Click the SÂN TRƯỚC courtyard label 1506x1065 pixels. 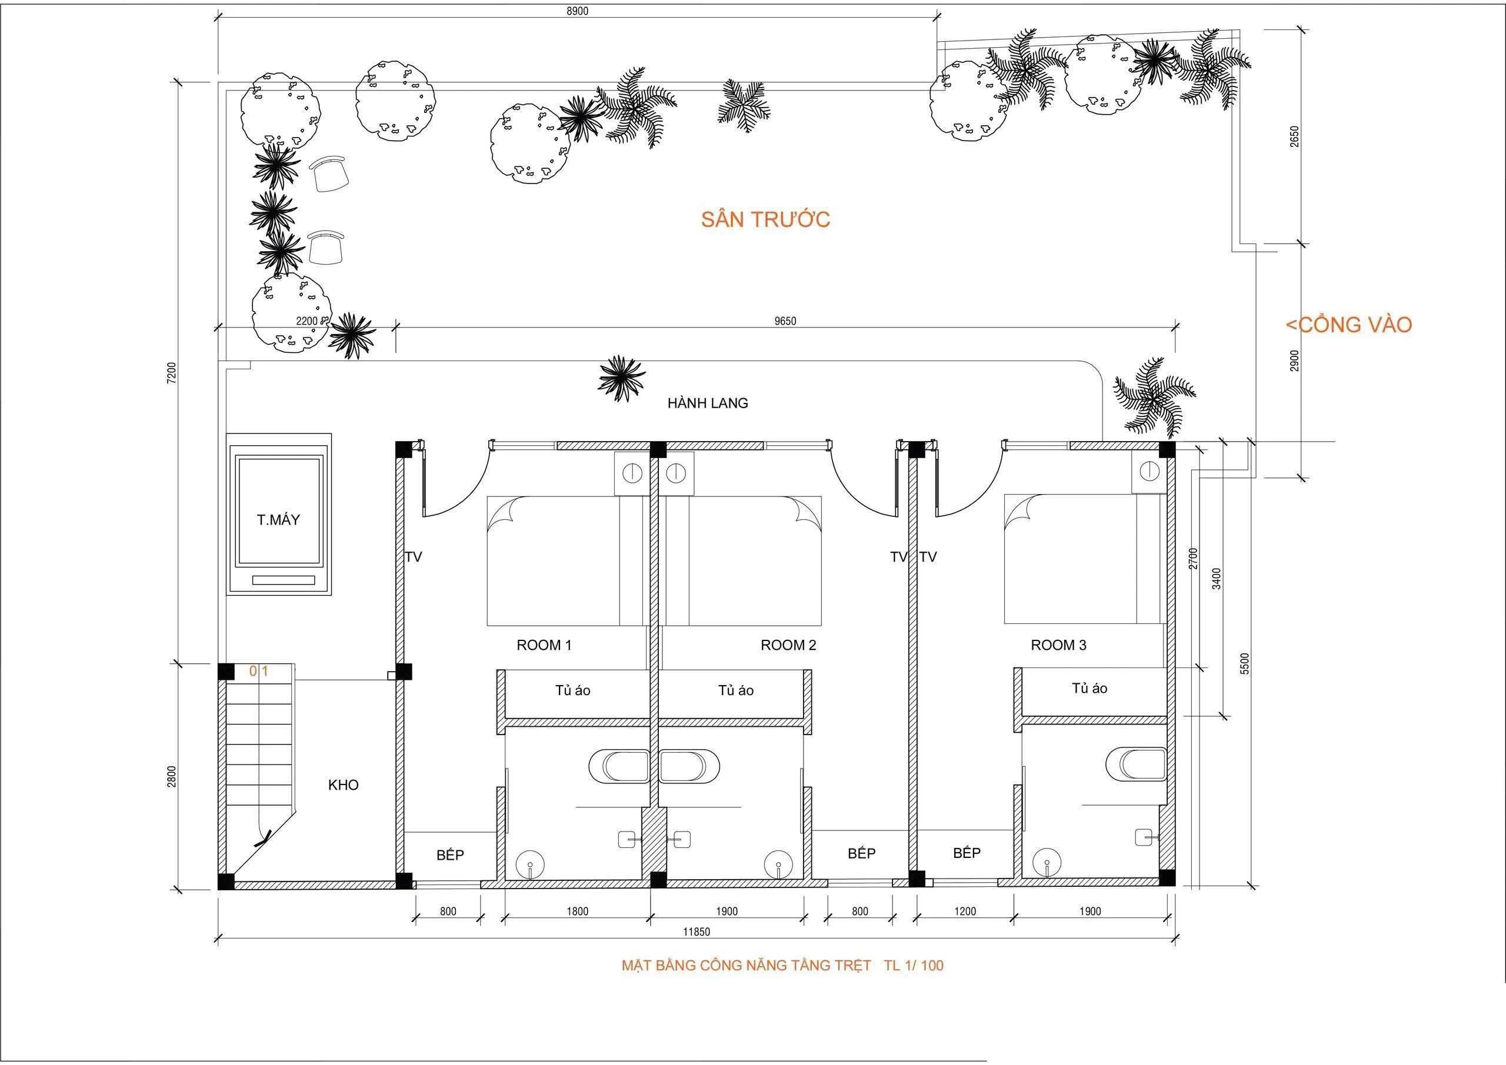(x=765, y=219)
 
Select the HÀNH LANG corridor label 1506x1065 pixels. (x=708, y=403)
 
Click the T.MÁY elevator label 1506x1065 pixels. (x=278, y=520)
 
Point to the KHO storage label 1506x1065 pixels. (x=343, y=785)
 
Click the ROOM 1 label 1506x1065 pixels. (x=544, y=645)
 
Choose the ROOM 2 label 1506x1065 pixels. (x=788, y=645)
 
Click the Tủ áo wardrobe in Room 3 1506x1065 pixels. (x=1089, y=688)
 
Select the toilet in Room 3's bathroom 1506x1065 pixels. (x=1135, y=764)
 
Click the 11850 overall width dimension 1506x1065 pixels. (x=696, y=932)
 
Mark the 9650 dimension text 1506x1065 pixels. (x=785, y=320)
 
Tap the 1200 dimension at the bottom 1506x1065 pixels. (x=965, y=911)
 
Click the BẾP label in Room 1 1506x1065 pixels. (x=450, y=855)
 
